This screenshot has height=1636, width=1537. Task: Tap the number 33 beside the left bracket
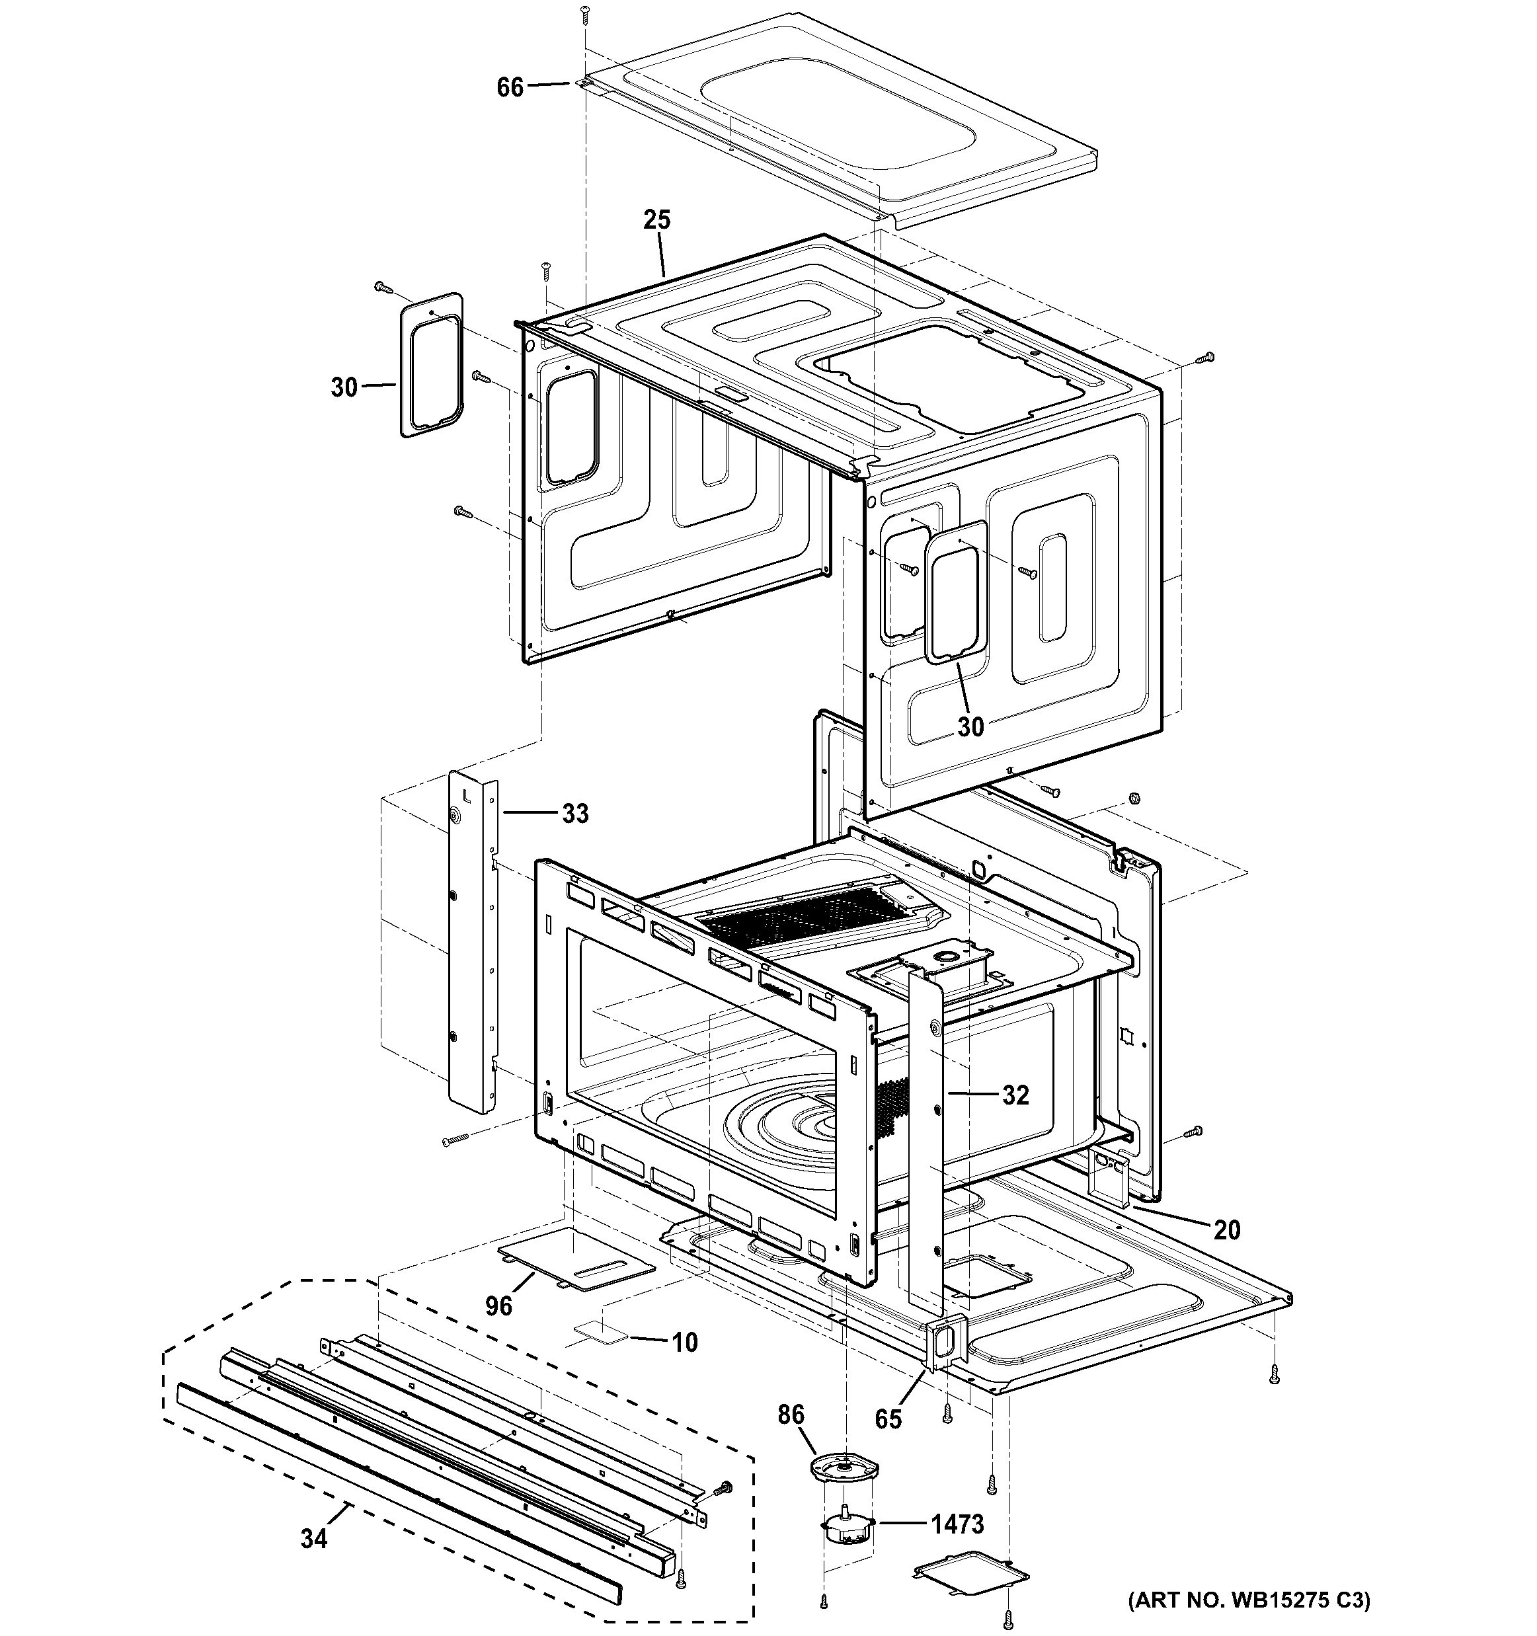point(575,814)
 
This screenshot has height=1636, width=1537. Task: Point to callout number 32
point(1015,1095)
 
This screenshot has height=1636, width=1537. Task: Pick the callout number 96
point(498,1306)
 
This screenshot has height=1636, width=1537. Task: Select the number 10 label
point(685,1343)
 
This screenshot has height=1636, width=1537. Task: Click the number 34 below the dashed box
point(313,1539)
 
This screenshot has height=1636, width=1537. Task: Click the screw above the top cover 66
point(586,13)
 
